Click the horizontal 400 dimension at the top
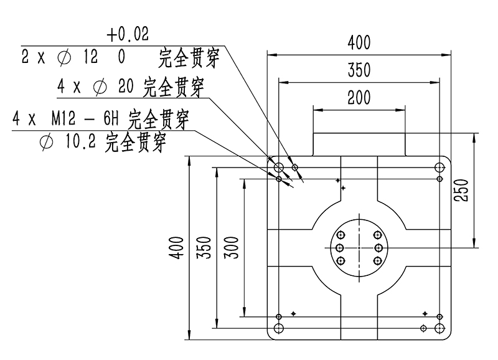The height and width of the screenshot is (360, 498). point(359,43)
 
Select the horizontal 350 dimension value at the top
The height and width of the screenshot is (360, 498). point(359,70)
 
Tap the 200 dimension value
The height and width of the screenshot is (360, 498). point(359,98)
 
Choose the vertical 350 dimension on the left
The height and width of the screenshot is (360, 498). point(204,247)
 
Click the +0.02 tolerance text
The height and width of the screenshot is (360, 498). point(128,35)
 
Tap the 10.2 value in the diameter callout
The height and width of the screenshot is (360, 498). point(79,143)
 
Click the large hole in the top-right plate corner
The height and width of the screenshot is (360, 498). point(439,167)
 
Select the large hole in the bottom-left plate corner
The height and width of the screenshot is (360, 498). point(279,328)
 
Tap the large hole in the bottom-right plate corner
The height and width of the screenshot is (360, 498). point(439,328)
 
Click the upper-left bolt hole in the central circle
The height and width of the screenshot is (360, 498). point(341,235)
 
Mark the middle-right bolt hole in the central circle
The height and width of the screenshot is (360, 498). point(378,247)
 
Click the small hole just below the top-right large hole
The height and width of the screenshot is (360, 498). point(439,179)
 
